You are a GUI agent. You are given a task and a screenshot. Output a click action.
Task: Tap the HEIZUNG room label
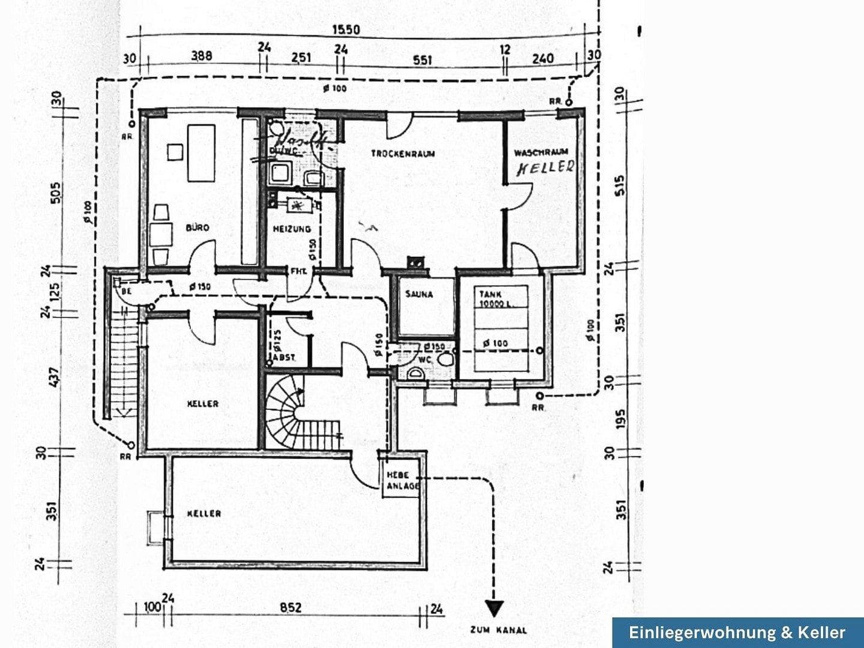[x=292, y=229]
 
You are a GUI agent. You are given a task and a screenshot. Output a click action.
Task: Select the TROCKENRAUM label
[x=403, y=154]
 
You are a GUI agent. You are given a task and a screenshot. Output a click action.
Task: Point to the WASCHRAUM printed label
[x=541, y=152]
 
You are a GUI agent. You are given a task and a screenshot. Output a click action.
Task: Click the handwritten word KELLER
[x=545, y=167]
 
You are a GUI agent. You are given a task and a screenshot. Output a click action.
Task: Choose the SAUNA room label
[x=419, y=295]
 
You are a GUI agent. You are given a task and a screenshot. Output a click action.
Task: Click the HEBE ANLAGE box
[x=401, y=481]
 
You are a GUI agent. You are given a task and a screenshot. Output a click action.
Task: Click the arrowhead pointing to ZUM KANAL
[x=494, y=609]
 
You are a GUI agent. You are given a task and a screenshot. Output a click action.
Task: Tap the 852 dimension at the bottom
[x=290, y=608]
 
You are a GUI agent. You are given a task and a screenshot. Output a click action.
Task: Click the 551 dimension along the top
[x=422, y=60]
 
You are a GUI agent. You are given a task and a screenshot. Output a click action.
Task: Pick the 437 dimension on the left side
[x=55, y=376]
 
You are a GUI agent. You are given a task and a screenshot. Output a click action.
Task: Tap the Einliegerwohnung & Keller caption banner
[x=737, y=632]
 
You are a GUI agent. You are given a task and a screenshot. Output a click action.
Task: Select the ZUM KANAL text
[x=499, y=630]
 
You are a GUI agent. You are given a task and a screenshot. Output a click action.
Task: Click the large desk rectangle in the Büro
[x=201, y=152]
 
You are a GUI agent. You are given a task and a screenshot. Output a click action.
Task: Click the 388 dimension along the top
[x=202, y=56]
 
